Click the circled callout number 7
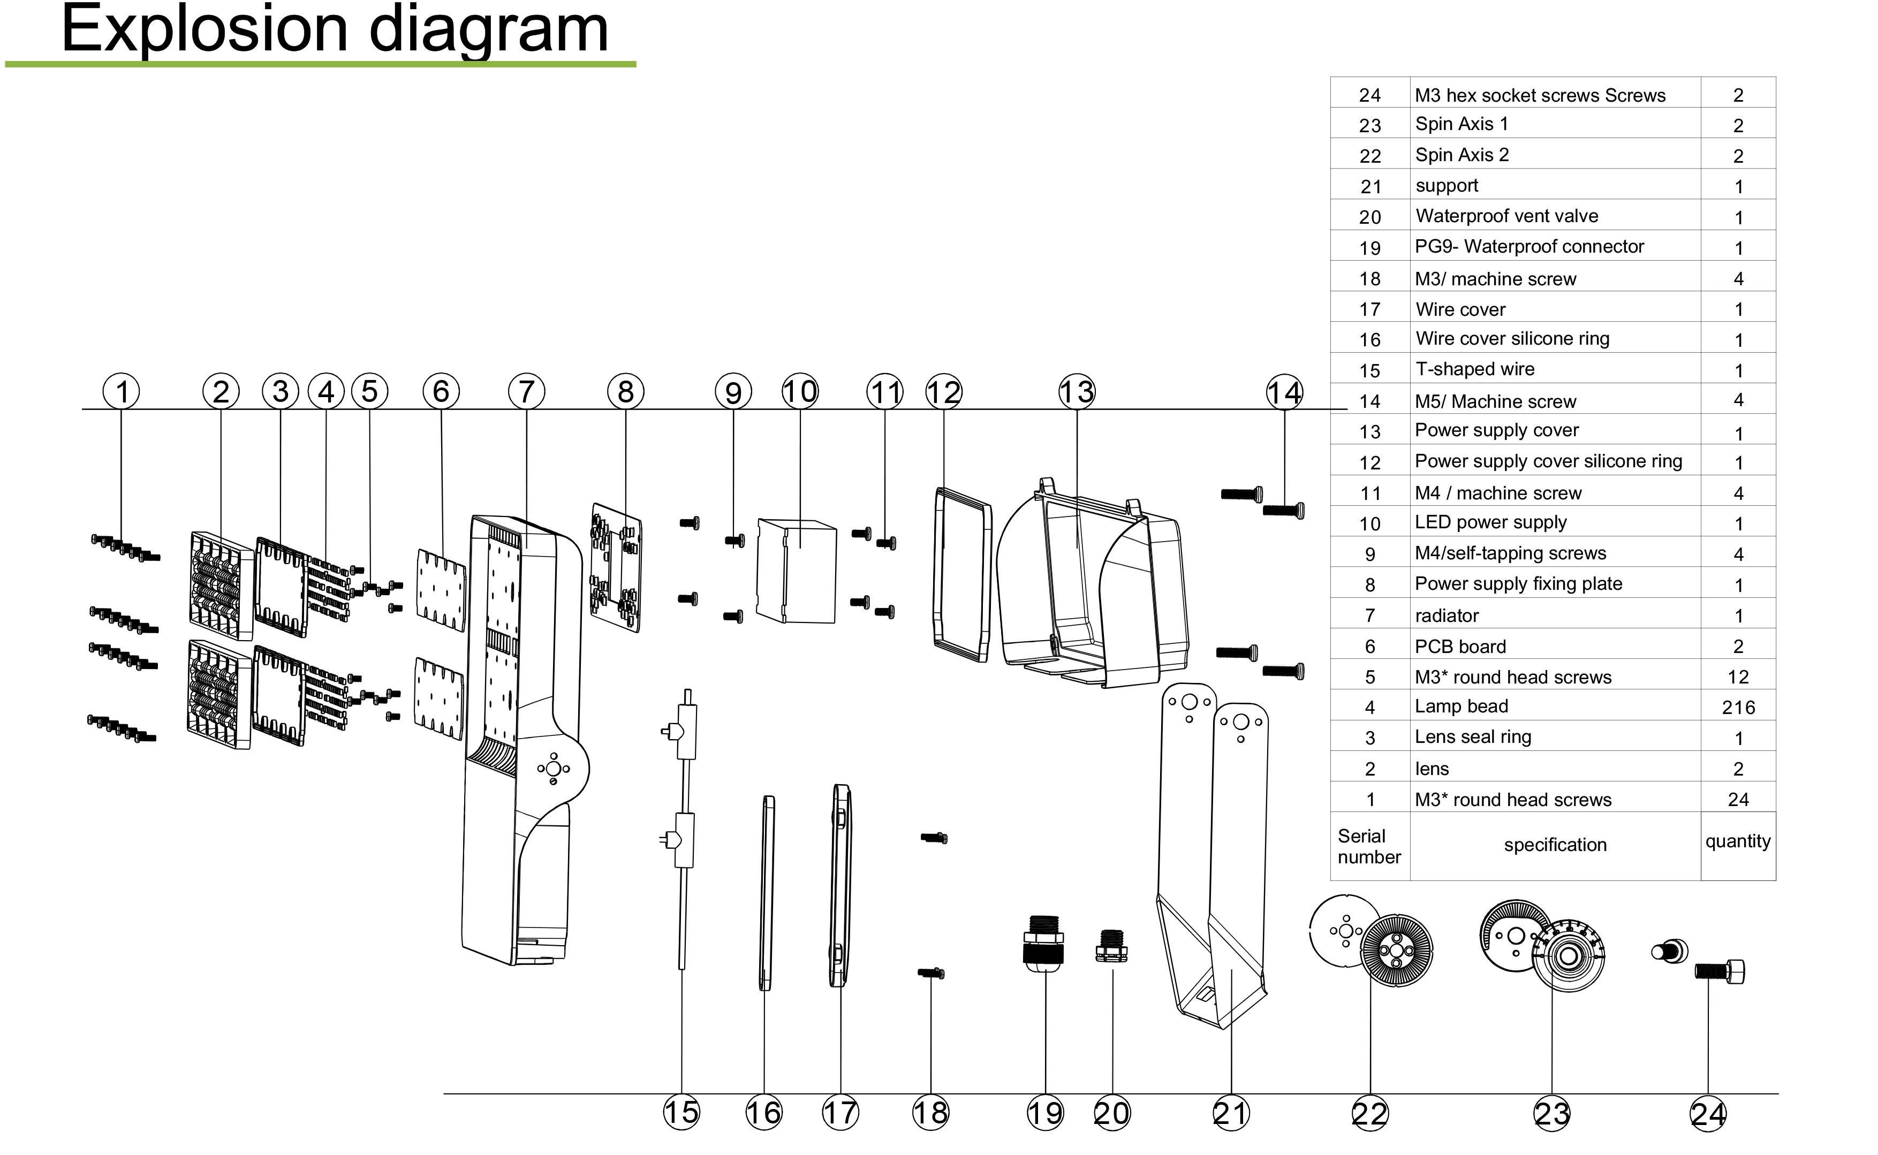(526, 392)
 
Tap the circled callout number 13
(1077, 392)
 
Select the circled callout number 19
(1045, 1113)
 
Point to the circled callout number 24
(1708, 1114)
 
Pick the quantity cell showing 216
(1738, 708)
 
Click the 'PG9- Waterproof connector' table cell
(1529, 247)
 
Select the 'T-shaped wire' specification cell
(1474, 369)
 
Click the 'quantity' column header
(1737, 841)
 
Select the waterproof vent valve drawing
(1112, 946)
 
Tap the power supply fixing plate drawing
(616, 567)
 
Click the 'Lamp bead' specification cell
(1461, 706)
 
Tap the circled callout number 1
(122, 392)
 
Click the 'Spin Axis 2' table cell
(1461, 155)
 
